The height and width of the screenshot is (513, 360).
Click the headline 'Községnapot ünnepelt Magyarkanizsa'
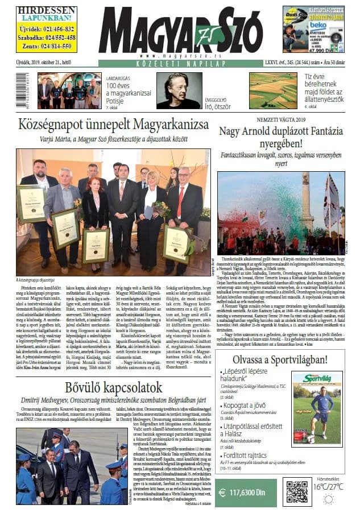pos(114,125)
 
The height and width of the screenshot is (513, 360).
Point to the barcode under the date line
pos(24,90)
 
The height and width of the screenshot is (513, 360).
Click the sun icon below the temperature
pos(328,499)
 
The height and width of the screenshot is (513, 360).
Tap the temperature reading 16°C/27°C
pos(328,487)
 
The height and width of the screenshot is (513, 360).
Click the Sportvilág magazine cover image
pos(317,408)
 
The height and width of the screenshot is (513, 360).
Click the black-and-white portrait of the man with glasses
pos(179,90)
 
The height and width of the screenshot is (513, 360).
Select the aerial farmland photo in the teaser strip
pos(272,90)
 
